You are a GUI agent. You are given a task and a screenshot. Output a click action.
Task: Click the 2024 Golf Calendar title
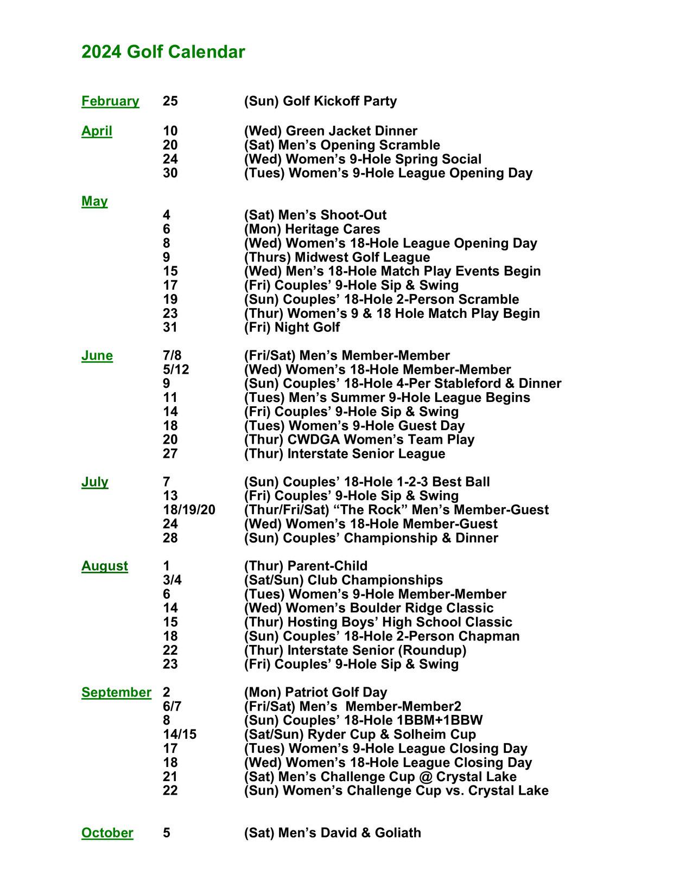tap(163, 52)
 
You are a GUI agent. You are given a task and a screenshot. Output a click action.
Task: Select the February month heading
tap(110, 101)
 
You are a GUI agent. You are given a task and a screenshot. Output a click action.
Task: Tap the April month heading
tap(97, 131)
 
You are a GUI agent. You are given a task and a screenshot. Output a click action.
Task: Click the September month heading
tap(116, 693)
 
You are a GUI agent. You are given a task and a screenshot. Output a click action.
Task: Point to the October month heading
tap(107, 833)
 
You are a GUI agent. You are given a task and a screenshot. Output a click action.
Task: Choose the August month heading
tap(105, 566)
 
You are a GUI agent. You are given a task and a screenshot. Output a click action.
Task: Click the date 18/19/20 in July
tap(189, 510)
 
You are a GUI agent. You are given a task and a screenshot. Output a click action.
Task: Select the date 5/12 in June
tap(176, 370)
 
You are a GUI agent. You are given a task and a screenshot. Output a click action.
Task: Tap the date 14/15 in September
tap(180, 734)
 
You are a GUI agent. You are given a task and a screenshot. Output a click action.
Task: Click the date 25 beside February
tap(170, 101)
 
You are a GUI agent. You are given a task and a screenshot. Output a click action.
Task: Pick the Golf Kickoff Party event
tap(320, 101)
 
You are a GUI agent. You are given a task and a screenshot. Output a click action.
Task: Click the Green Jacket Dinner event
tap(331, 131)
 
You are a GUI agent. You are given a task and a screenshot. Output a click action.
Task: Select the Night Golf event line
tap(292, 328)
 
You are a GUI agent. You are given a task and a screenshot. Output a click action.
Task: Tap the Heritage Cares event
tap(312, 229)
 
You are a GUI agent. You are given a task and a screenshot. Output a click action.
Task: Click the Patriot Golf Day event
tap(315, 693)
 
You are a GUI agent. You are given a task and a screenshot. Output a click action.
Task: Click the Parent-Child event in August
tap(306, 566)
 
